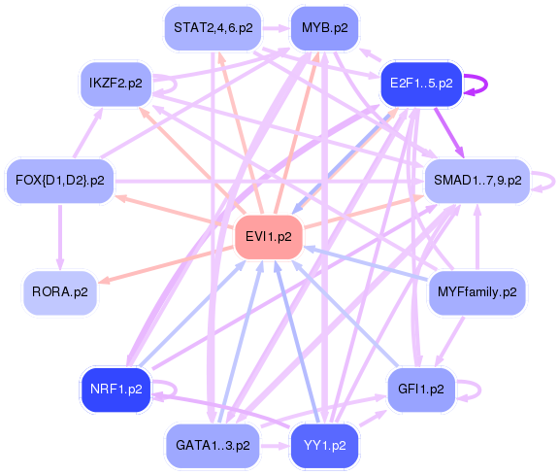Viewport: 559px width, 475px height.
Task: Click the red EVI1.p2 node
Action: pyautogui.click(x=269, y=236)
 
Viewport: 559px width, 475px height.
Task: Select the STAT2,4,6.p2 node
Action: pyautogui.click(x=213, y=27)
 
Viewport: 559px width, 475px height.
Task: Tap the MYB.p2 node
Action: pyautogui.click(x=324, y=27)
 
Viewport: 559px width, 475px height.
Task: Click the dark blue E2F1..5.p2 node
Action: pyautogui.click(x=421, y=84)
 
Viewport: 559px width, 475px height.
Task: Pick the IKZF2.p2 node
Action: pyautogui.click(x=115, y=84)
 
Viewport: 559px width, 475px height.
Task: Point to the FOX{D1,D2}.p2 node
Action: pyautogui.click(x=60, y=180)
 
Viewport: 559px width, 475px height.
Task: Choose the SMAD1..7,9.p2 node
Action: pyautogui.click(x=477, y=180)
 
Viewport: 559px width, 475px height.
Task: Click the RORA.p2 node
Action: pyautogui.click(x=60, y=291)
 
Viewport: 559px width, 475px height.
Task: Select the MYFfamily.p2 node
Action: pyautogui.click(x=477, y=291)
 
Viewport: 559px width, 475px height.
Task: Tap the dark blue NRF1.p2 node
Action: pyautogui.click(x=115, y=389)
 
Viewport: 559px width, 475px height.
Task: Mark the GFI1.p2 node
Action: pyautogui.click(x=421, y=389)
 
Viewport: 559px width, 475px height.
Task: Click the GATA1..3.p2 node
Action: pyautogui.click(x=213, y=445)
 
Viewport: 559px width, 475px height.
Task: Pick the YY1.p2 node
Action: pyautogui.click(x=324, y=445)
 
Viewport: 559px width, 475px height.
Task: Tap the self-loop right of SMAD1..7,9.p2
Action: pyautogui.click(x=549, y=180)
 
